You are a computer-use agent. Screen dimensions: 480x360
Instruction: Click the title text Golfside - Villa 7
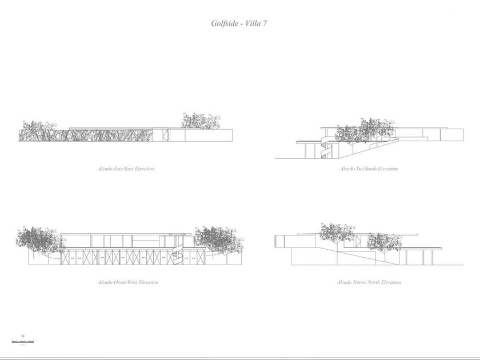click(x=239, y=24)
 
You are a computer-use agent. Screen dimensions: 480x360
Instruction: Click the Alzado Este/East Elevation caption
click(x=126, y=169)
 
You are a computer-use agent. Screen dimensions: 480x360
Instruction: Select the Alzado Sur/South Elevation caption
click(x=369, y=169)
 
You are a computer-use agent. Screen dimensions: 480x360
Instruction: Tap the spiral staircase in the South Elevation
click(x=325, y=148)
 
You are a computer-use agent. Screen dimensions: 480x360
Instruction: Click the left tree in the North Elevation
click(x=337, y=232)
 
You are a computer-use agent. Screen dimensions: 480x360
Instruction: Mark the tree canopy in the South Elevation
click(x=363, y=130)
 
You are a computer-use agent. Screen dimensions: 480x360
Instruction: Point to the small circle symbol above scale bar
click(x=22, y=337)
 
